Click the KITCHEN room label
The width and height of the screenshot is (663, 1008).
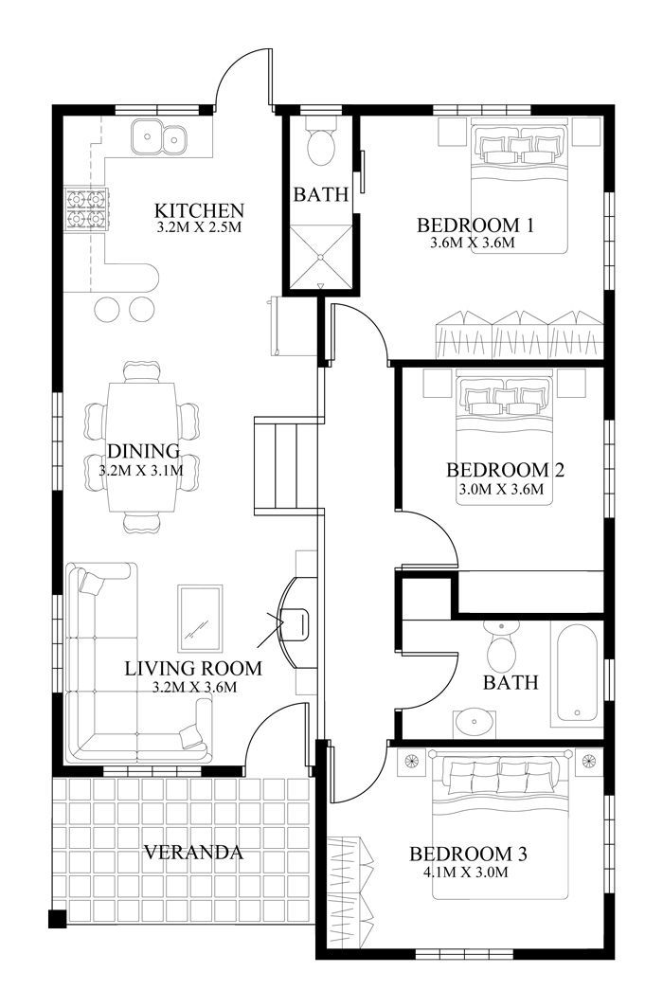coord(199,210)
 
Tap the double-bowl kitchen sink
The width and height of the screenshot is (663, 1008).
coord(159,137)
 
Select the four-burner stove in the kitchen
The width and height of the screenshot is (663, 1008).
coord(85,209)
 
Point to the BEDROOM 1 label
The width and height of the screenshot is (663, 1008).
coord(476,225)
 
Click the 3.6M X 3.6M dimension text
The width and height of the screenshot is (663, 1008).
coord(474,243)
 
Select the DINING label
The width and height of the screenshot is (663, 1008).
coord(143,451)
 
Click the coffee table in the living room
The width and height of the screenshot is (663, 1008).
coord(200,619)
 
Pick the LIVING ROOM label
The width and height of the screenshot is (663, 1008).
coord(193,668)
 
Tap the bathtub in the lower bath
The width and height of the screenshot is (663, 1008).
coord(578,672)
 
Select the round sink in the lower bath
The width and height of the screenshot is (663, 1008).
coord(475,723)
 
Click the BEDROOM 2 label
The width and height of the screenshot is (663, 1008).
coord(505,470)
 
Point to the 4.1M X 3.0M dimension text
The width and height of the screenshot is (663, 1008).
coord(466,873)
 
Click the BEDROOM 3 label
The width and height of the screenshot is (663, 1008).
coord(468,855)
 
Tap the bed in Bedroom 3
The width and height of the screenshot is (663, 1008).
coord(501,826)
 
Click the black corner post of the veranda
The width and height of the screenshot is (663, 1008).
coord(57,919)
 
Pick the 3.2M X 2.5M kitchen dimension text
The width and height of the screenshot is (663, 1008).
coord(199,227)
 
